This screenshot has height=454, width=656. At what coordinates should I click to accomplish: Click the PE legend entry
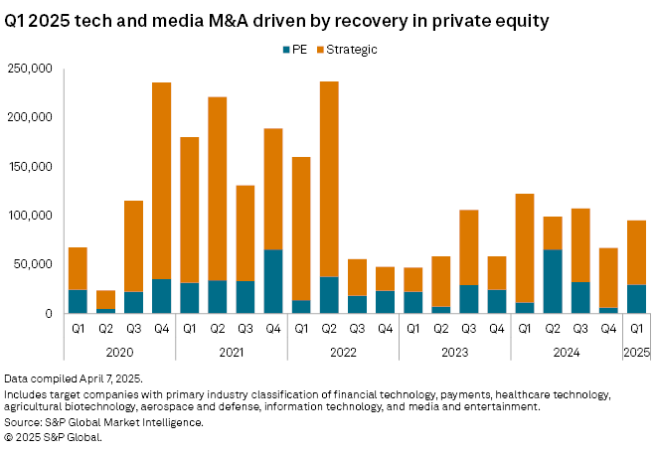pyautogui.click(x=295, y=49)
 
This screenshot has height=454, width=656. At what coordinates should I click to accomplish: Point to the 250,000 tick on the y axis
pyautogui.click(x=30, y=69)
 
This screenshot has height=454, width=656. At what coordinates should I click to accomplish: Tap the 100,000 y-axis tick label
pyautogui.click(x=30, y=216)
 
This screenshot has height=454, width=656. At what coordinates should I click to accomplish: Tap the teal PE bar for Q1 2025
pyautogui.click(x=637, y=299)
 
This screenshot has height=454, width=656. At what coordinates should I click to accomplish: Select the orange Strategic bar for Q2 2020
pyautogui.click(x=105, y=299)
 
